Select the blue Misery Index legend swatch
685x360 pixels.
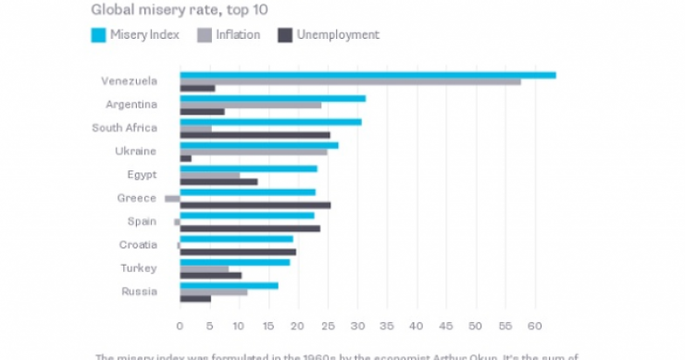[x=98, y=35]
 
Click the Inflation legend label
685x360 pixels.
[x=238, y=35]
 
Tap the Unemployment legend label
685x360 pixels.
[x=339, y=35]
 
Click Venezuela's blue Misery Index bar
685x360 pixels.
[x=367, y=74]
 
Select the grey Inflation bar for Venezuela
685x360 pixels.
[x=350, y=81]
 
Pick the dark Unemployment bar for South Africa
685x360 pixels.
[x=255, y=135]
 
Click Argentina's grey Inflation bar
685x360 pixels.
[x=250, y=105]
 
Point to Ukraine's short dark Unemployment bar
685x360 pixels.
[x=185, y=158]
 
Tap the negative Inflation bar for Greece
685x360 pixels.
[x=172, y=198]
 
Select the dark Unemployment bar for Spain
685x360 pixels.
[x=250, y=229]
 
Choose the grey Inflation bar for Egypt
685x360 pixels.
[x=209, y=175]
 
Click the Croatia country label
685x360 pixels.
[x=137, y=244]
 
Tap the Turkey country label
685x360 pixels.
[x=139, y=267]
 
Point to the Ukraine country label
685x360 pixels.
[x=137, y=151]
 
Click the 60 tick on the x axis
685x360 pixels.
[x=534, y=326]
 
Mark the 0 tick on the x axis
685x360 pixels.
[x=180, y=326]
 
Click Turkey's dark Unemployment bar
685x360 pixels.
[x=210, y=275]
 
